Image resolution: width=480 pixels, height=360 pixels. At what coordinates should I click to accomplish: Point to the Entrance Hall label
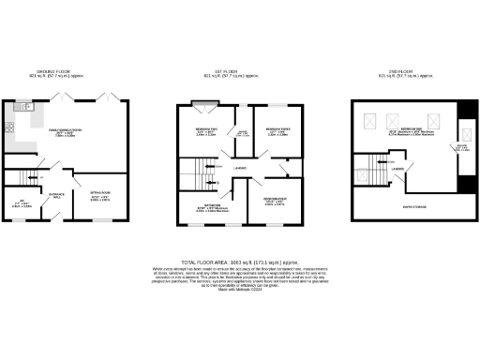(57, 195)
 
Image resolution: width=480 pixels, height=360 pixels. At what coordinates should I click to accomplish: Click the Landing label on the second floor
(398, 169)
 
